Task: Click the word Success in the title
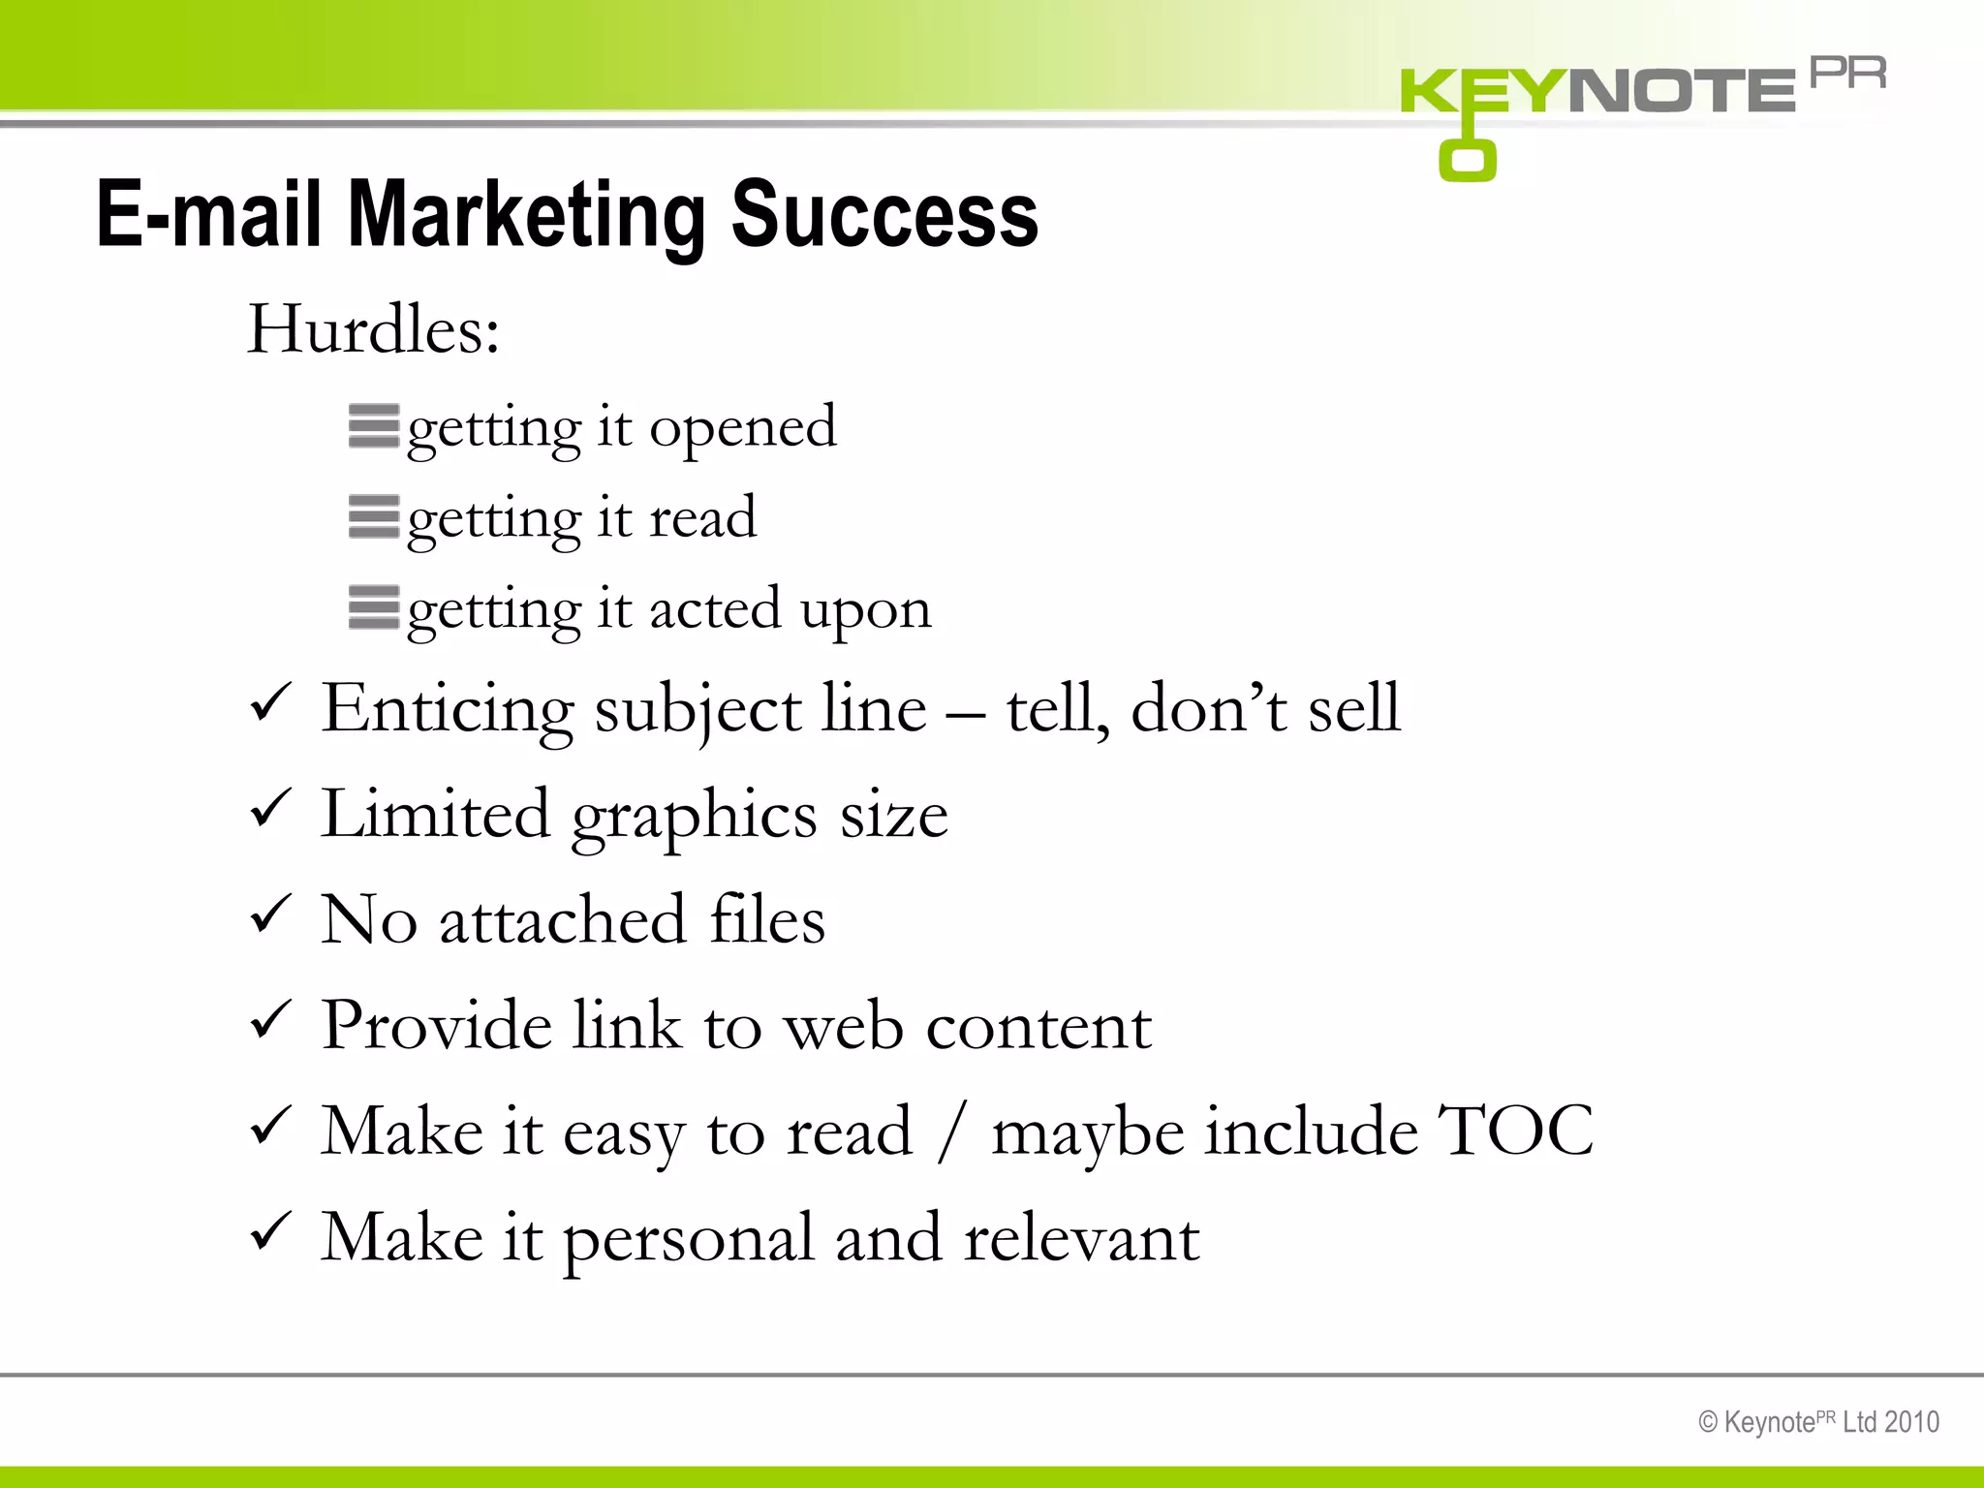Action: point(883,215)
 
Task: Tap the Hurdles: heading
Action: point(373,329)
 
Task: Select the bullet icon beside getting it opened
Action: point(374,426)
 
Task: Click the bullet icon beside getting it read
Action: point(374,517)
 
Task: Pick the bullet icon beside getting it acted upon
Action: point(374,608)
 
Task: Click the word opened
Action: point(742,428)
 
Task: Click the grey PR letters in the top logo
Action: point(1847,74)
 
